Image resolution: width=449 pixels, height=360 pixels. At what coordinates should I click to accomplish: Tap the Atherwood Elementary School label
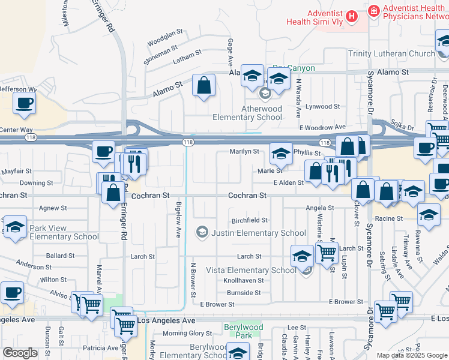[x=247, y=113]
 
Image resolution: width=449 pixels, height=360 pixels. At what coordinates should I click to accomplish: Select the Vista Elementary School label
[x=251, y=270]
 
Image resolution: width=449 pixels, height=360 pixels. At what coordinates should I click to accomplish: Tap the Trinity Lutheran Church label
[x=391, y=54]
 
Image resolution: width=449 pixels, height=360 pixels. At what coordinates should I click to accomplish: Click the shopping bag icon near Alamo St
[x=204, y=86]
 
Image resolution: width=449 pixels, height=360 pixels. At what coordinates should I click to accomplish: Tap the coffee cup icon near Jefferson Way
[x=24, y=103]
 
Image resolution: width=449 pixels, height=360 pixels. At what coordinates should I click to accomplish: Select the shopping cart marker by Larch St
[x=327, y=253]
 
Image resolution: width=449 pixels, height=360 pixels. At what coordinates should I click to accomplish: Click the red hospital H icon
[x=353, y=15]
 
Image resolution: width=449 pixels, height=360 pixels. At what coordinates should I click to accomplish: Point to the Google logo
[x=20, y=353]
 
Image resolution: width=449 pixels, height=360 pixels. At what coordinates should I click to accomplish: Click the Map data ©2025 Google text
[x=412, y=355]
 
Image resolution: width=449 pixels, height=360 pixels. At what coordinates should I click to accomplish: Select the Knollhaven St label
[x=244, y=280]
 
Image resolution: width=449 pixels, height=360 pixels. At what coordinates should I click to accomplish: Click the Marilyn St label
[x=244, y=152]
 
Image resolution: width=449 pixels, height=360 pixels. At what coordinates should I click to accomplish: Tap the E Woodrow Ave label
[x=324, y=127]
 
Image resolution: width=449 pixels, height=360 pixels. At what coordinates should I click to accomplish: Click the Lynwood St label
[x=323, y=106]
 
